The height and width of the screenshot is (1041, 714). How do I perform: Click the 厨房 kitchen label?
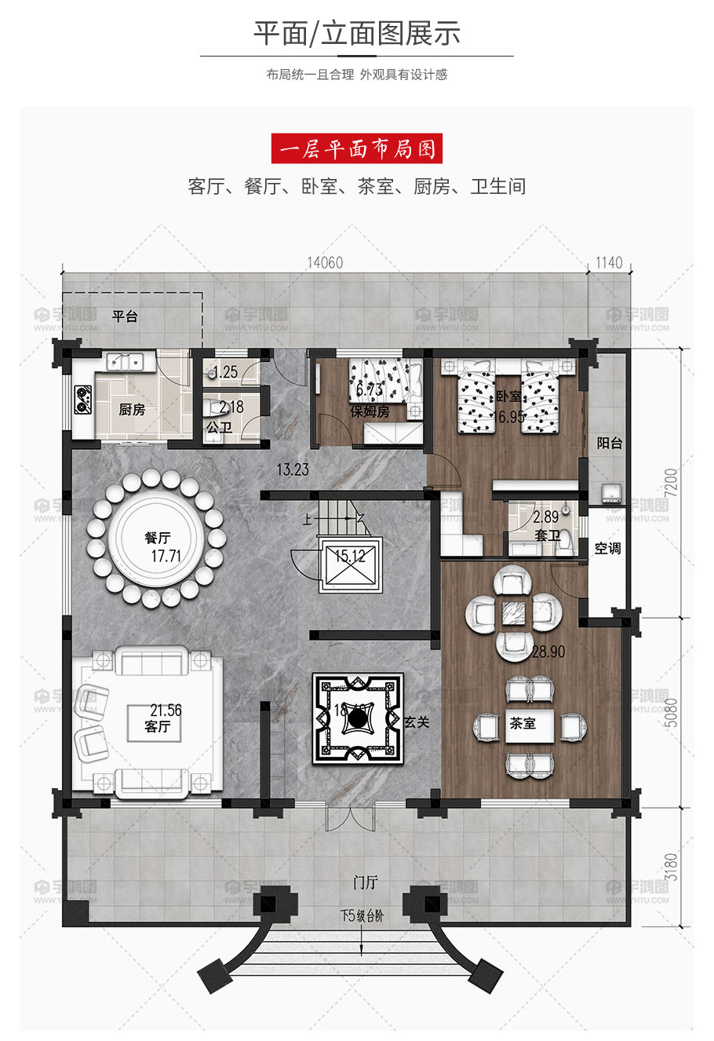pyautogui.click(x=132, y=410)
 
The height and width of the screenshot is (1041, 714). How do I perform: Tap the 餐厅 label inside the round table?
pyautogui.click(x=157, y=538)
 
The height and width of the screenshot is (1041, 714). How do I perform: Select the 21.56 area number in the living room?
pyautogui.click(x=166, y=710)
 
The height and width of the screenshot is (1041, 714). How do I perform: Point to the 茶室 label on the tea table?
pyautogui.click(x=523, y=723)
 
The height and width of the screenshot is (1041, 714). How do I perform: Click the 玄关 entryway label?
pyautogui.click(x=417, y=721)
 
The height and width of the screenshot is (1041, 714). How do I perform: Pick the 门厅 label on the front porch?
pyautogui.click(x=366, y=883)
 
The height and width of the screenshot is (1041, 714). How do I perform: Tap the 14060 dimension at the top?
pyautogui.click(x=325, y=263)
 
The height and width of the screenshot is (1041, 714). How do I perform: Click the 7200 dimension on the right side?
pyautogui.click(x=670, y=480)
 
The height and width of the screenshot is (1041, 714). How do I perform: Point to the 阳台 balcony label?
pyautogui.click(x=609, y=443)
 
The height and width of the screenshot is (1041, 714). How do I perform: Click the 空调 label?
pyautogui.click(x=607, y=548)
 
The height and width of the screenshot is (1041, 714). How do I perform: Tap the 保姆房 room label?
pyautogui.click(x=370, y=411)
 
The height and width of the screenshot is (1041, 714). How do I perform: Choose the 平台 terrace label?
pyautogui.click(x=125, y=316)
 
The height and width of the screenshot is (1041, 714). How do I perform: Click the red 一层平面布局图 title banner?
pyautogui.click(x=357, y=148)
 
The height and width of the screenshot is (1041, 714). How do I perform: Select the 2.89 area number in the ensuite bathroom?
pyautogui.click(x=545, y=518)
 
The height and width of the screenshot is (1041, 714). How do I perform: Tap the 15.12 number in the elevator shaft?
pyautogui.click(x=350, y=557)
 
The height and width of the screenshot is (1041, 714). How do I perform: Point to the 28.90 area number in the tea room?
pyautogui.click(x=548, y=652)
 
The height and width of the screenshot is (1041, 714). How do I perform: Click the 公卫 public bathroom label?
pyautogui.click(x=219, y=428)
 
